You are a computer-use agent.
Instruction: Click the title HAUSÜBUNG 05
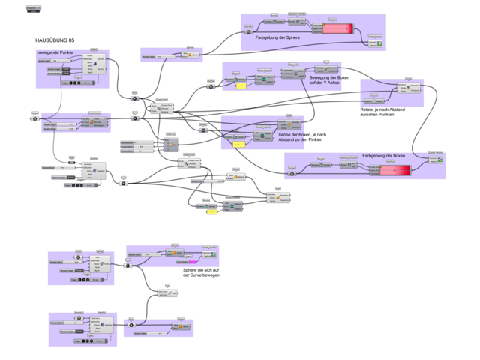[55, 40]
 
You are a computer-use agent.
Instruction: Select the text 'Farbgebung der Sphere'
[280, 37]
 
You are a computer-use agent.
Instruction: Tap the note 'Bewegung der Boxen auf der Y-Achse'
[328, 79]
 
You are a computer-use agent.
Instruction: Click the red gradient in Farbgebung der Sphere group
[337, 30]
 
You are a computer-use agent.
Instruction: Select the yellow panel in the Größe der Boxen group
[211, 212]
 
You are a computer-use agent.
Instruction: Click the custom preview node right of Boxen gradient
[436, 158]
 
